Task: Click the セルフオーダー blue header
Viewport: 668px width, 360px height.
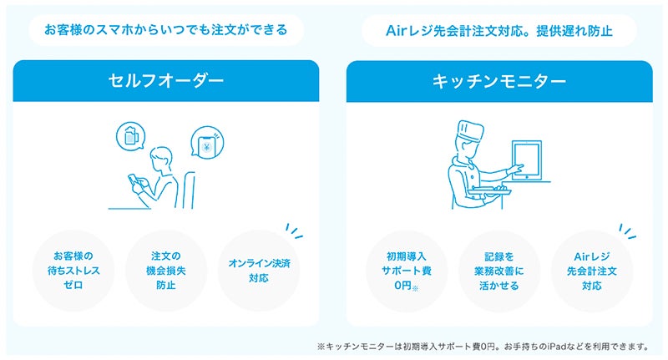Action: tap(166, 81)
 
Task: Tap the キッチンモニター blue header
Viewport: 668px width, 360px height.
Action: tap(499, 81)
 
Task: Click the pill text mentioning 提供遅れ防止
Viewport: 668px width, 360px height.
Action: tap(499, 31)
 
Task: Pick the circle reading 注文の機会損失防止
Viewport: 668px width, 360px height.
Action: tap(166, 270)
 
